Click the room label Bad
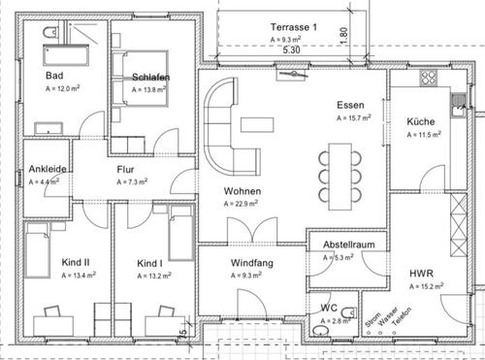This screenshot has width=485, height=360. (55, 76)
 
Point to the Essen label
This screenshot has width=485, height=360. (349, 105)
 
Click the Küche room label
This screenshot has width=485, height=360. (420, 121)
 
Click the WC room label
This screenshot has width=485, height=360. (328, 308)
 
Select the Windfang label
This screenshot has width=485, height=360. (250, 263)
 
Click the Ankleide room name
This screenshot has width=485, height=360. (48, 169)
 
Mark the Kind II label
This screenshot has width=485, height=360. (48, 263)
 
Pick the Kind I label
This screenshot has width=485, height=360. (148, 263)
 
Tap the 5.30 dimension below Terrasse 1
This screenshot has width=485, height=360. (291, 49)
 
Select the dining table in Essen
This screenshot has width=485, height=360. (339, 173)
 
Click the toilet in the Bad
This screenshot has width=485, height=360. (49, 35)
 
